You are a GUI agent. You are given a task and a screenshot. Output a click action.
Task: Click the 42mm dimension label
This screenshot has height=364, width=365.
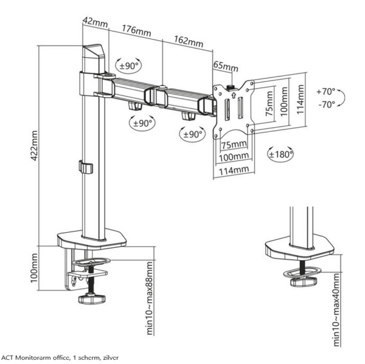(x=95, y=23)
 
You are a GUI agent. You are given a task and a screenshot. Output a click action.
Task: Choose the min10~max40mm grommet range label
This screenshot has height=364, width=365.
(x=337, y=310)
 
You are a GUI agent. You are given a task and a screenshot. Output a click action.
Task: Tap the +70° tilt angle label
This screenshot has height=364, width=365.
(x=325, y=91)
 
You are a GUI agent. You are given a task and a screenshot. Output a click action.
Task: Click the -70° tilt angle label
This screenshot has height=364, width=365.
(x=325, y=104)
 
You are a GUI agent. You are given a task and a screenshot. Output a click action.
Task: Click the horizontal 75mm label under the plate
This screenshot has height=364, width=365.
(x=234, y=145)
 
